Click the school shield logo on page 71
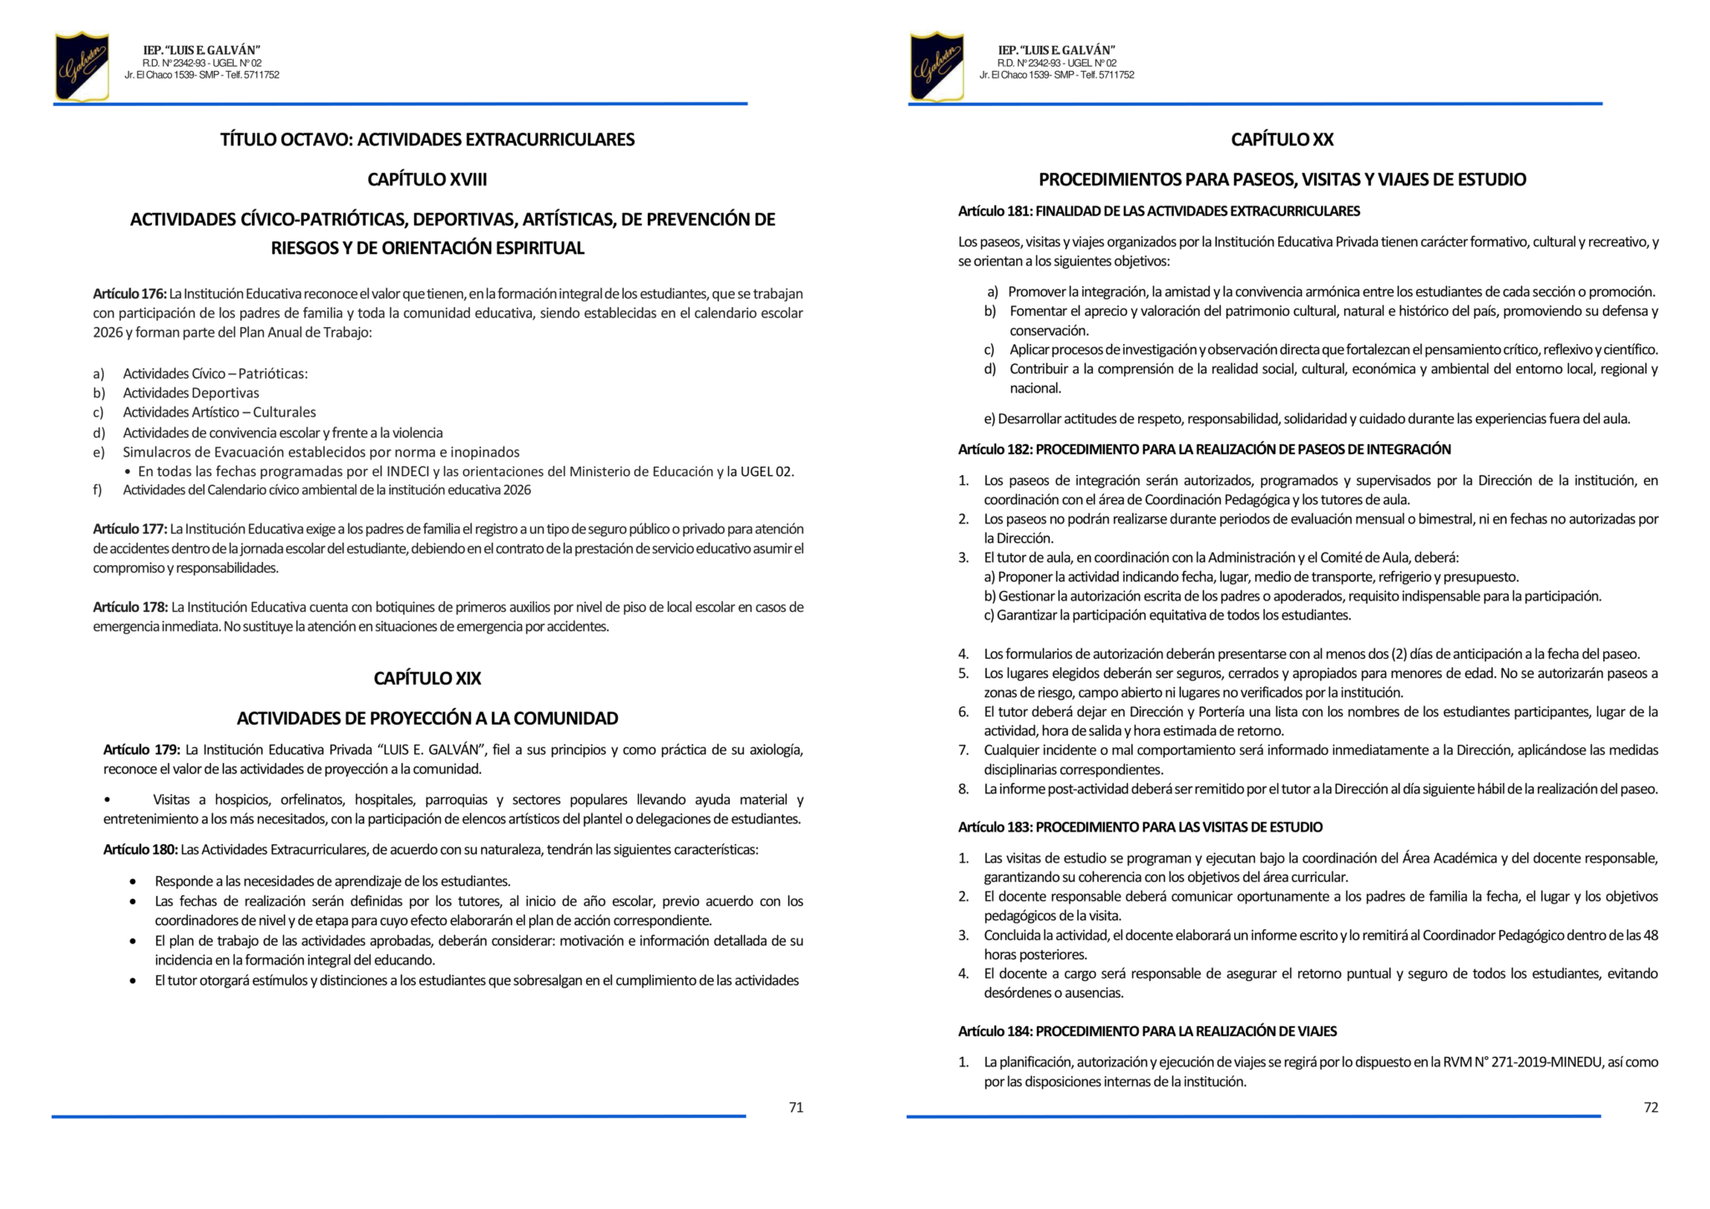point(82,67)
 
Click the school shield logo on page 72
point(936,67)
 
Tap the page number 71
point(796,1107)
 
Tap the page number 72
point(1650,1107)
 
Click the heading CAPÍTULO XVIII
point(427,180)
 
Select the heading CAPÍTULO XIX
point(427,678)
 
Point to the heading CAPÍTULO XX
point(1282,139)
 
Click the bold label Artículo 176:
point(129,294)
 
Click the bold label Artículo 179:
point(141,750)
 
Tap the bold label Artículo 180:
point(140,850)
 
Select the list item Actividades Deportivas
point(190,393)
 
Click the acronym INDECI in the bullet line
point(407,472)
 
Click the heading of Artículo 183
point(1140,827)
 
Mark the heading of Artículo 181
point(1159,211)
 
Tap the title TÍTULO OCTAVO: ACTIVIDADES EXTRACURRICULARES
point(427,139)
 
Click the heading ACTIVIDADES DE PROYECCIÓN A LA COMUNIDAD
point(427,718)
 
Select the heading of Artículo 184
point(1147,1031)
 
